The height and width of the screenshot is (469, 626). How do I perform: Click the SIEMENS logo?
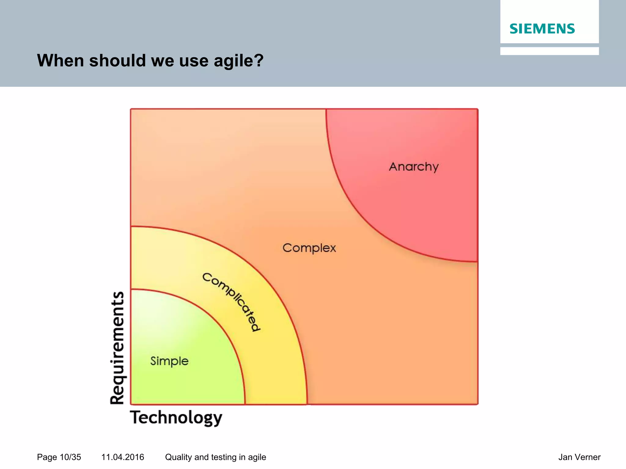[542, 29]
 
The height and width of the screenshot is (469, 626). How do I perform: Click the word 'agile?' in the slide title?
[238, 61]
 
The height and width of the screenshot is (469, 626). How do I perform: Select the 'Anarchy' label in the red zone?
[414, 167]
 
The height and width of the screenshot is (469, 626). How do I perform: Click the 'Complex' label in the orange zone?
[309, 248]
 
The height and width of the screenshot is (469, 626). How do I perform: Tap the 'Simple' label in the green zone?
[169, 361]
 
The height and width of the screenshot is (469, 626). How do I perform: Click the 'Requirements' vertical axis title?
[118, 348]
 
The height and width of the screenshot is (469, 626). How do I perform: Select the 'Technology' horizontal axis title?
[176, 418]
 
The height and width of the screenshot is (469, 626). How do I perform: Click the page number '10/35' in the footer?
[70, 457]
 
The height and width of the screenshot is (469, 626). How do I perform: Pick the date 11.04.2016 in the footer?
[123, 457]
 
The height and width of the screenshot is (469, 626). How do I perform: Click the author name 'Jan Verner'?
[579, 457]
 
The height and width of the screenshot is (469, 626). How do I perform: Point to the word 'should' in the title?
[117, 60]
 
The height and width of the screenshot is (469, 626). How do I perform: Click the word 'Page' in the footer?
[47, 457]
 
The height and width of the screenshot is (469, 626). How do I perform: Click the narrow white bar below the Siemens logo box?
[549, 51]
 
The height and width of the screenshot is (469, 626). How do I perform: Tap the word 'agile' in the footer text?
[257, 457]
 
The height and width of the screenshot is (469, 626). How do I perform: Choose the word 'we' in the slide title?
[163, 61]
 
